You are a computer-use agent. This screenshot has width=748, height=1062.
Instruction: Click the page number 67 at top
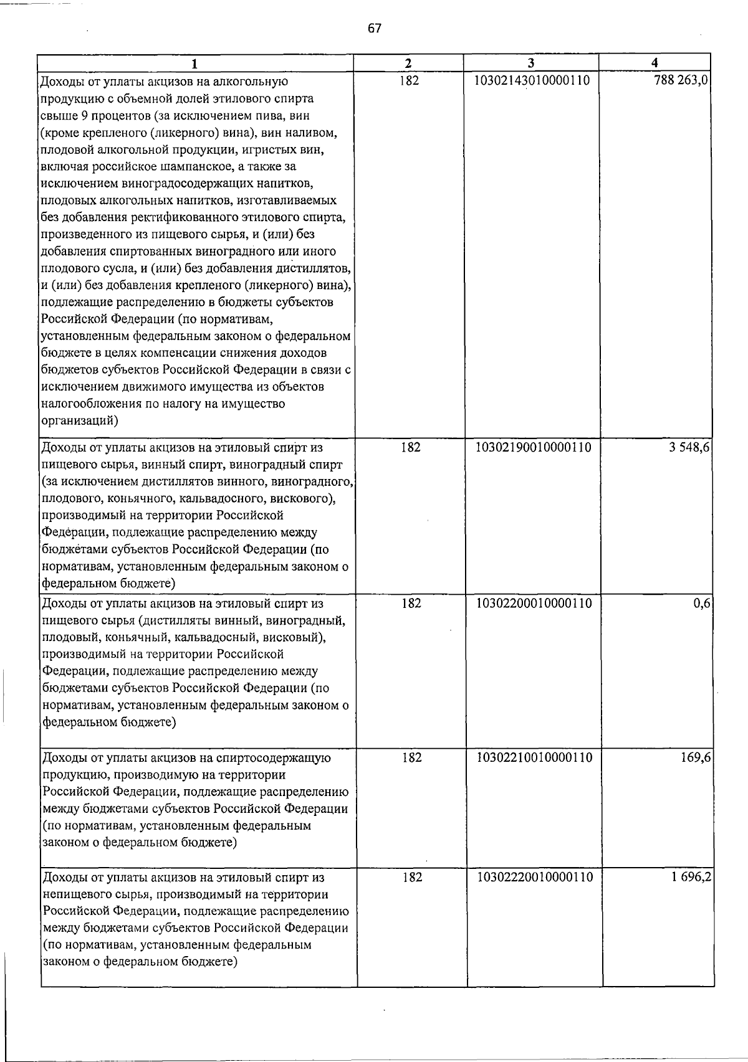tap(374, 29)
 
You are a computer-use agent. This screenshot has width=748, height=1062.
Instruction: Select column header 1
tap(196, 63)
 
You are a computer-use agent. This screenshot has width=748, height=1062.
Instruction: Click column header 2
tap(408, 63)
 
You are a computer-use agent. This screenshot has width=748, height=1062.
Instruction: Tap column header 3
tap(530, 63)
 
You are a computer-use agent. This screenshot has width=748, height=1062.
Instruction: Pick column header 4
tap(654, 63)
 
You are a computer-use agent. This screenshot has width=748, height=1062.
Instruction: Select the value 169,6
tap(697, 757)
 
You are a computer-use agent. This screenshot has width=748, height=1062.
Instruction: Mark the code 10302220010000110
tap(533, 877)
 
